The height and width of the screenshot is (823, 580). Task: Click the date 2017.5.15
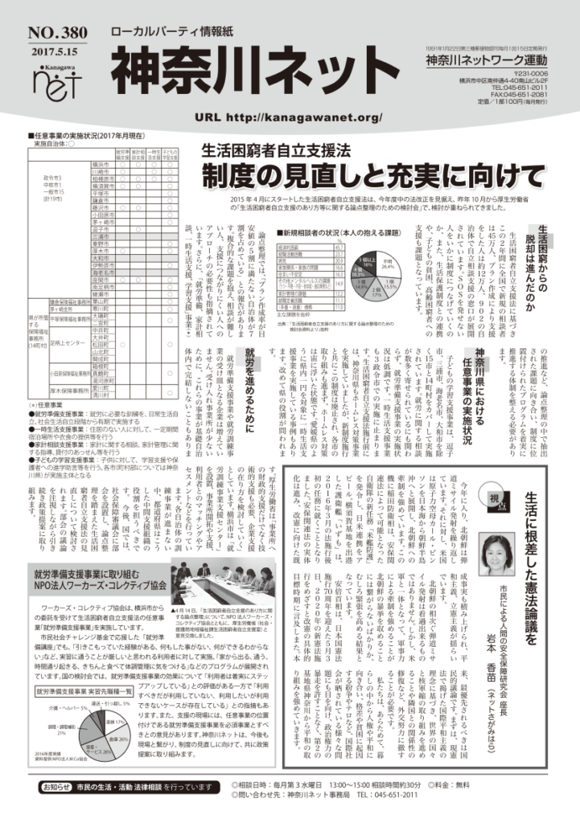coord(52,48)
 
